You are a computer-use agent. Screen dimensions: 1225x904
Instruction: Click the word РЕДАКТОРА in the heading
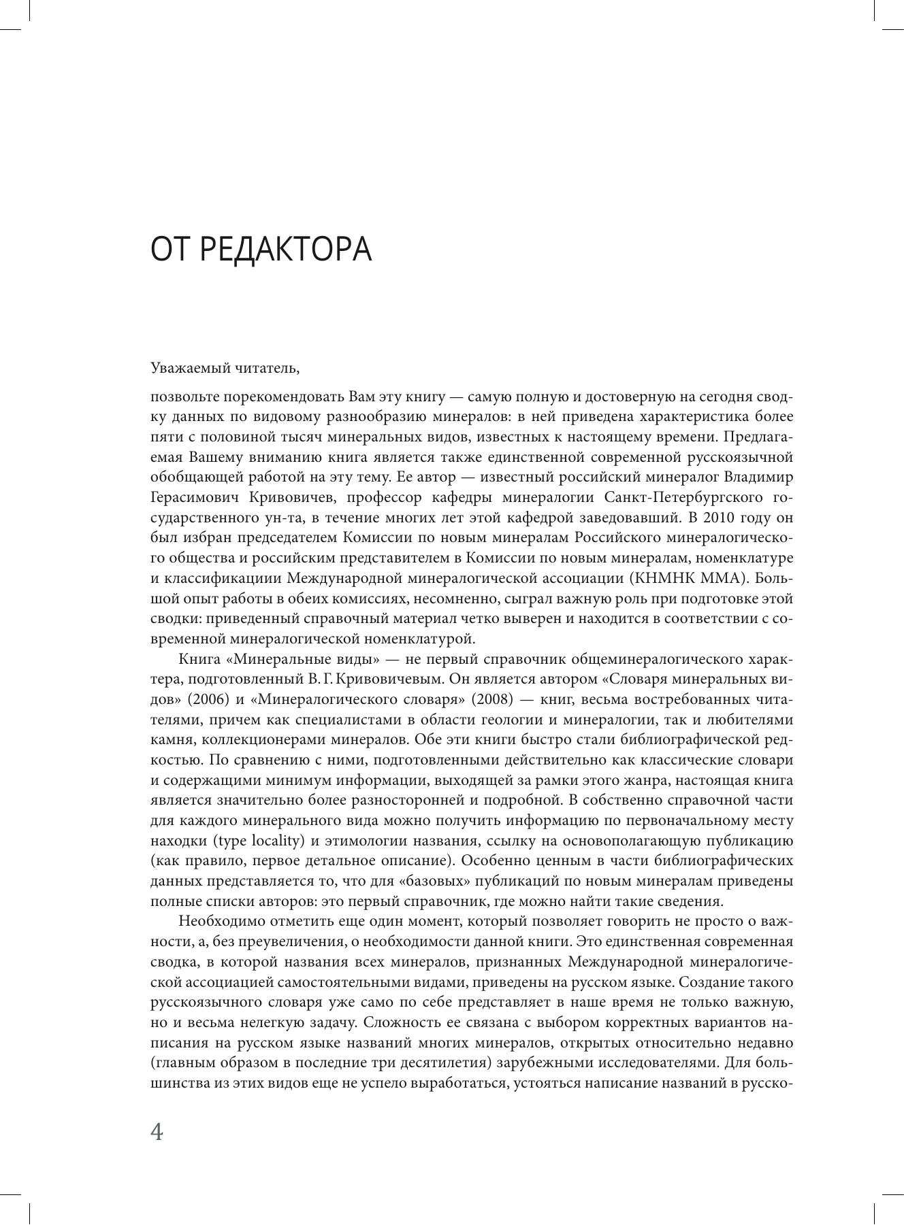pyautogui.click(x=287, y=250)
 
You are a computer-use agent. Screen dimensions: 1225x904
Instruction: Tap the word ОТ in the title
pyautogui.click(x=169, y=250)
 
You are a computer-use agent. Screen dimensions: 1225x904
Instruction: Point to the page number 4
pyautogui.click(x=157, y=1132)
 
